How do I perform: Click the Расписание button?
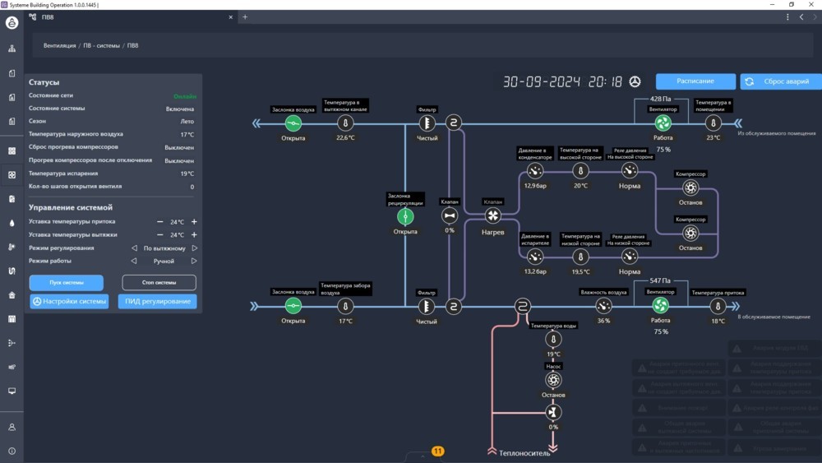click(695, 81)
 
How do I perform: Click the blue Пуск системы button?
click(67, 282)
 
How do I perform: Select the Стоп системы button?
click(159, 282)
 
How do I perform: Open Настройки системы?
click(70, 301)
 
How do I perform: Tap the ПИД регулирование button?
click(158, 301)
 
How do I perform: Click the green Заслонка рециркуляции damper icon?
click(405, 216)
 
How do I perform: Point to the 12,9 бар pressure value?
click(535, 186)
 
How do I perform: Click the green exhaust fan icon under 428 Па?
click(663, 123)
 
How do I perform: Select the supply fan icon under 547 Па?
click(660, 306)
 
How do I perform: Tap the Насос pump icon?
click(553, 380)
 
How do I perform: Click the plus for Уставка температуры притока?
click(195, 222)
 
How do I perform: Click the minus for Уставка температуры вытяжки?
click(160, 235)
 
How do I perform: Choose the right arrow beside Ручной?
click(195, 262)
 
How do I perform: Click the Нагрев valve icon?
click(492, 216)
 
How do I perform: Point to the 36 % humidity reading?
click(603, 321)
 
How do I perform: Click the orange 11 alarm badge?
click(437, 451)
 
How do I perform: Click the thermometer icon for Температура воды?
click(553, 339)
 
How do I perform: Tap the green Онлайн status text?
click(185, 96)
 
